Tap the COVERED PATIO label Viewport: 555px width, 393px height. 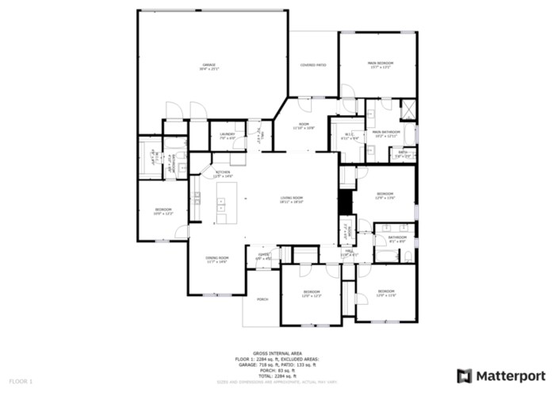tap(313, 65)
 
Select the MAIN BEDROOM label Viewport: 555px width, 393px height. tap(381, 64)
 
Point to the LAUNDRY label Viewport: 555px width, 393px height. tap(228, 136)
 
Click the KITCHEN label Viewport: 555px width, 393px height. tap(223, 173)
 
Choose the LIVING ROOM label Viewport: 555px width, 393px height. tap(292, 198)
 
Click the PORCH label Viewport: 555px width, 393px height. tap(262, 299)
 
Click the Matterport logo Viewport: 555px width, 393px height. tap(501, 375)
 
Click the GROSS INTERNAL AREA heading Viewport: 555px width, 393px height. tap(277, 353)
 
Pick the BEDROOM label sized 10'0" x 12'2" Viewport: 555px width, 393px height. tap(163, 210)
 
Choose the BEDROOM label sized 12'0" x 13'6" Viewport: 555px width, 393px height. tap(385, 195)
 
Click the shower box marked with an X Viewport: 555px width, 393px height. tap(409, 110)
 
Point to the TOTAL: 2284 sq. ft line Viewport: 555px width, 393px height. tap(277, 375)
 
